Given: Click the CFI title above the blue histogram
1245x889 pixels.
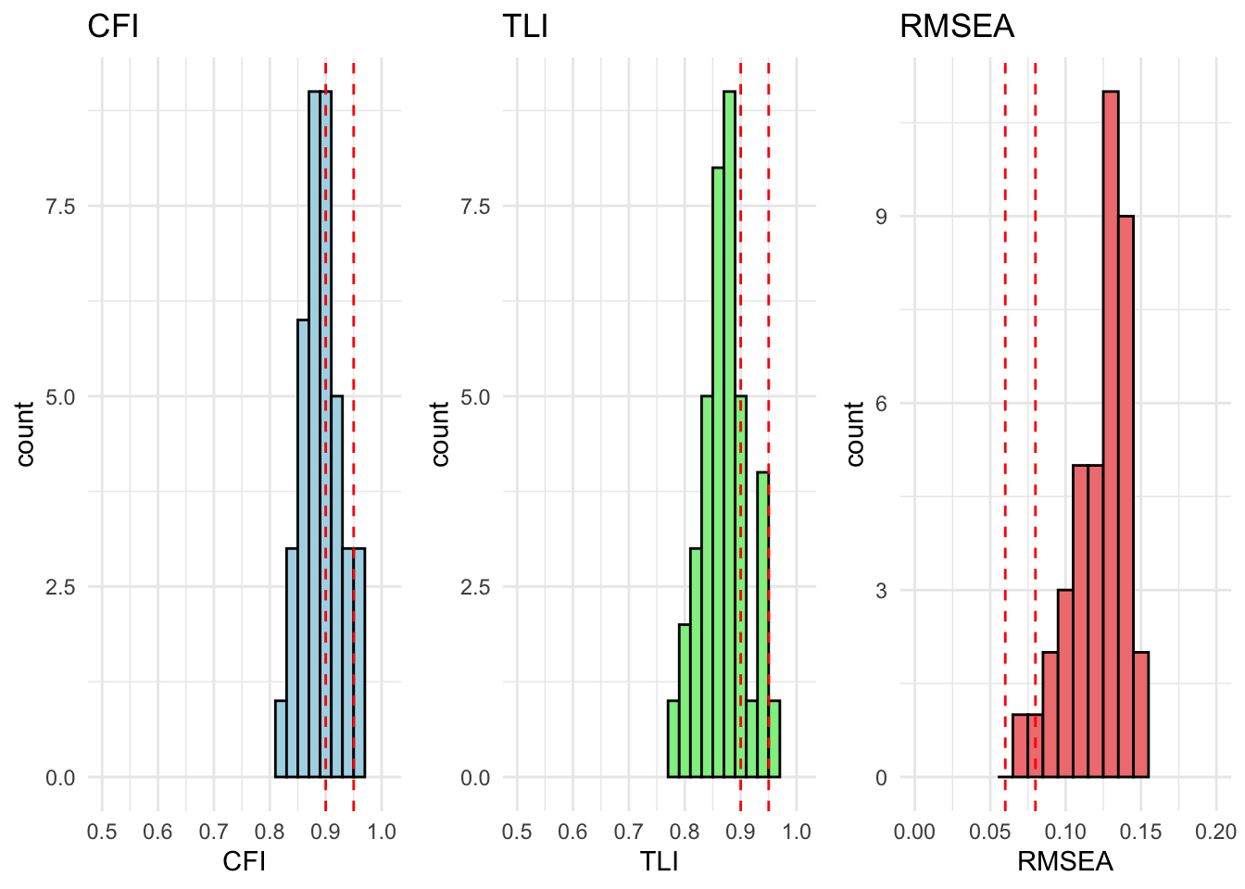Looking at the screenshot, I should (x=113, y=26).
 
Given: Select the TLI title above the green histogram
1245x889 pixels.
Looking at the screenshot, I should (x=525, y=26).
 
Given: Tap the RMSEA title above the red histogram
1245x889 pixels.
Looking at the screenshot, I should (x=957, y=26).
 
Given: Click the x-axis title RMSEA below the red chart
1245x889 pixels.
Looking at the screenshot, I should (x=1065, y=862).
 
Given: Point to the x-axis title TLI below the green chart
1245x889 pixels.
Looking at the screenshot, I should (x=659, y=862).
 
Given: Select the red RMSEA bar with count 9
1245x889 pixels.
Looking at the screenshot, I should (x=1126, y=496).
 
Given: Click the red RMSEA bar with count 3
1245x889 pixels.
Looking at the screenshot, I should (x=1065, y=683).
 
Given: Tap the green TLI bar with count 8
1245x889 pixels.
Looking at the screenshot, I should (x=718, y=472).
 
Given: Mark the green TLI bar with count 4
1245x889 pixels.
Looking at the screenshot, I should (x=762, y=625).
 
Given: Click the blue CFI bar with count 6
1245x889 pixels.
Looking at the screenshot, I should (x=303, y=548).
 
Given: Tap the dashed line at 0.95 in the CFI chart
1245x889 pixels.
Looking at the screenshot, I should (x=354, y=278).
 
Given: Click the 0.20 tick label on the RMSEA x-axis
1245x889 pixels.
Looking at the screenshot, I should (x=1215, y=832).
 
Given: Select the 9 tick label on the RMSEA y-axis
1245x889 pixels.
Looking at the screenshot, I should (x=881, y=217).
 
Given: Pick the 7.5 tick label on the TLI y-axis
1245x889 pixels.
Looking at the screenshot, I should (x=475, y=206).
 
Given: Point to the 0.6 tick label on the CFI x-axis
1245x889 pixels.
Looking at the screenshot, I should (x=157, y=832).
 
